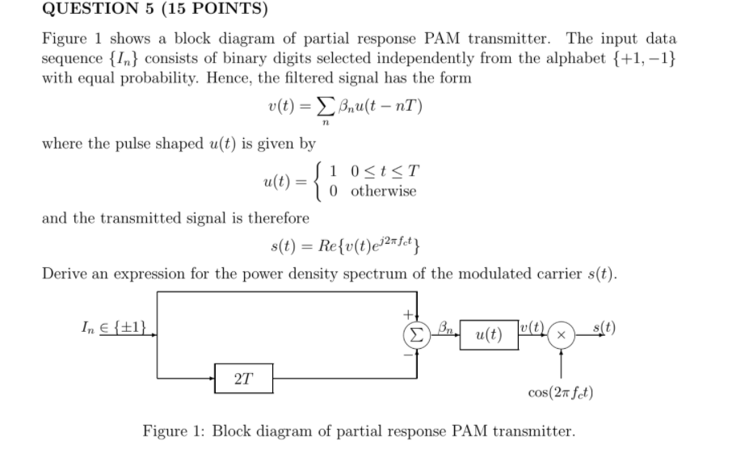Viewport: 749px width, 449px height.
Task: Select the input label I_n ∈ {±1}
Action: [x=118, y=327]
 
